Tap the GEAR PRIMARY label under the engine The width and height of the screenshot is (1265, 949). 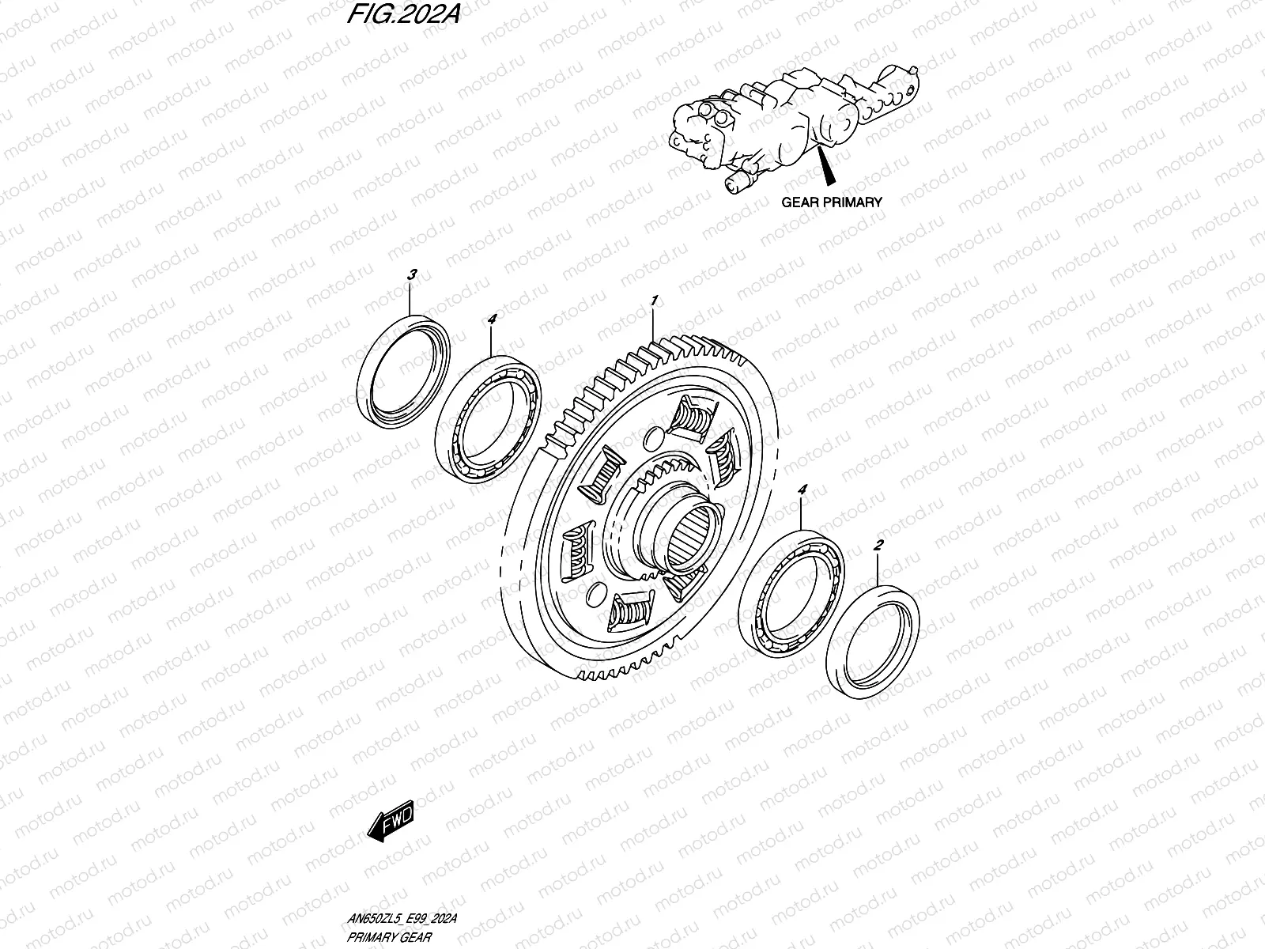point(831,202)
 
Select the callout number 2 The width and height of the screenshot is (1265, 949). point(878,545)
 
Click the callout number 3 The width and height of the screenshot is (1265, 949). point(411,275)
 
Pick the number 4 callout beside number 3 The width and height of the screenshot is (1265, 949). point(491,319)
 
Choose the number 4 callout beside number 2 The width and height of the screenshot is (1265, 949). point(802,491)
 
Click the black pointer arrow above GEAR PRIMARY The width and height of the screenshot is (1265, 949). point(827,166)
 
